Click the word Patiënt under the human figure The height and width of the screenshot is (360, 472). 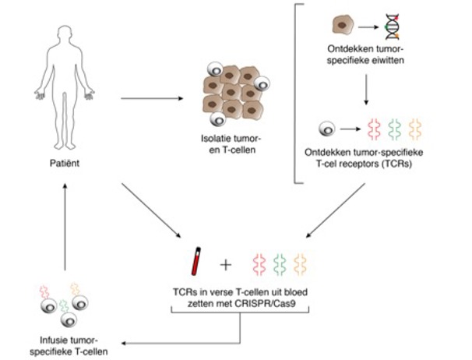tap(63, 165)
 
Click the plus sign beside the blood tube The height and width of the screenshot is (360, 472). tap(226, 264)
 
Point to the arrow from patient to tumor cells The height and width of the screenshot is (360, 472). tap(151, 99)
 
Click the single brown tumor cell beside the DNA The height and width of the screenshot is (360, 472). tap(340, 29)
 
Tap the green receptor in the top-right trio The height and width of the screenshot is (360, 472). tap(393, 127)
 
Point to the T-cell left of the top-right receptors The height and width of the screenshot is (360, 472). tap(329, 127)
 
